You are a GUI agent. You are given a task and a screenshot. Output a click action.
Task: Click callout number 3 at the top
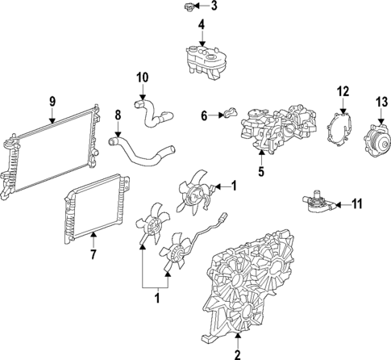(213, 6)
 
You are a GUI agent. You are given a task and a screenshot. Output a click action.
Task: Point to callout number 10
(142, 77)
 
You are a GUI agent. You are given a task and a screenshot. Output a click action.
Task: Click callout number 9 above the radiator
(52, 102)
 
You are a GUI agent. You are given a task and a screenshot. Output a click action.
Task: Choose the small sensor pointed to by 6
(229, 116)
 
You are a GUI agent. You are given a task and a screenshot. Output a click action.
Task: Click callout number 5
(260, 170)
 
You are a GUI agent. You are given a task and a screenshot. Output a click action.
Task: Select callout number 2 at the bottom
(237, 354)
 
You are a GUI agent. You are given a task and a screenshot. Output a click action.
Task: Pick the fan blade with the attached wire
(176, 250)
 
